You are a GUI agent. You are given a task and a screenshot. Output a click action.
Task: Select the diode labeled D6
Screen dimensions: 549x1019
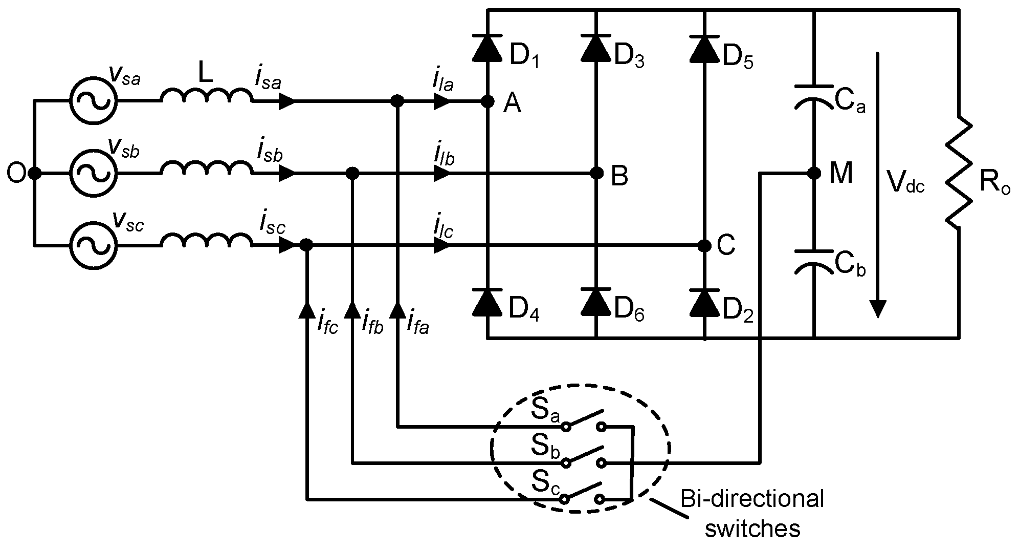click(x=596, y=302)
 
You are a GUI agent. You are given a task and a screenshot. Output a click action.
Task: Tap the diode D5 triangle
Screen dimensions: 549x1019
click(x=705, y=48)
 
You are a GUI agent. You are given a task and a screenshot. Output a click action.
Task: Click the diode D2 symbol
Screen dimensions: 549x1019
click(x=705, y=302)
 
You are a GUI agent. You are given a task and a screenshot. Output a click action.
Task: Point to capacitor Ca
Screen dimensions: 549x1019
click(x=813, y=97)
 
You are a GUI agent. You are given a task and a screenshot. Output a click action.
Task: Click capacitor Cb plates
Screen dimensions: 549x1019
click(x=813, y=261)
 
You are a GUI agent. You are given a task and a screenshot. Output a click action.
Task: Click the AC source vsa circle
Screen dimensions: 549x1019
click(x=94, y=101)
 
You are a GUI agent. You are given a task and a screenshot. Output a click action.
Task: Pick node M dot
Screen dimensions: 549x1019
click(x=813, y=174)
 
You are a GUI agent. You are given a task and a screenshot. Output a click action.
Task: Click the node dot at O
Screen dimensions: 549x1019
click(x=34, y=174)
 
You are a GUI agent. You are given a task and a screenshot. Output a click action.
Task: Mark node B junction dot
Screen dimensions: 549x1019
click(x=596, y=174)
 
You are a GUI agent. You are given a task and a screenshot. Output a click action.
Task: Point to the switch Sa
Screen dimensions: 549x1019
click(x=584, y=420)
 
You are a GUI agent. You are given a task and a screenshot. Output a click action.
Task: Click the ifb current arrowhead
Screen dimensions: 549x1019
click(x=352, y=309)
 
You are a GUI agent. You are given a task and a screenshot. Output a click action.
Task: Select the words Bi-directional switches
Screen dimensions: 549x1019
click(x=752, y=513)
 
